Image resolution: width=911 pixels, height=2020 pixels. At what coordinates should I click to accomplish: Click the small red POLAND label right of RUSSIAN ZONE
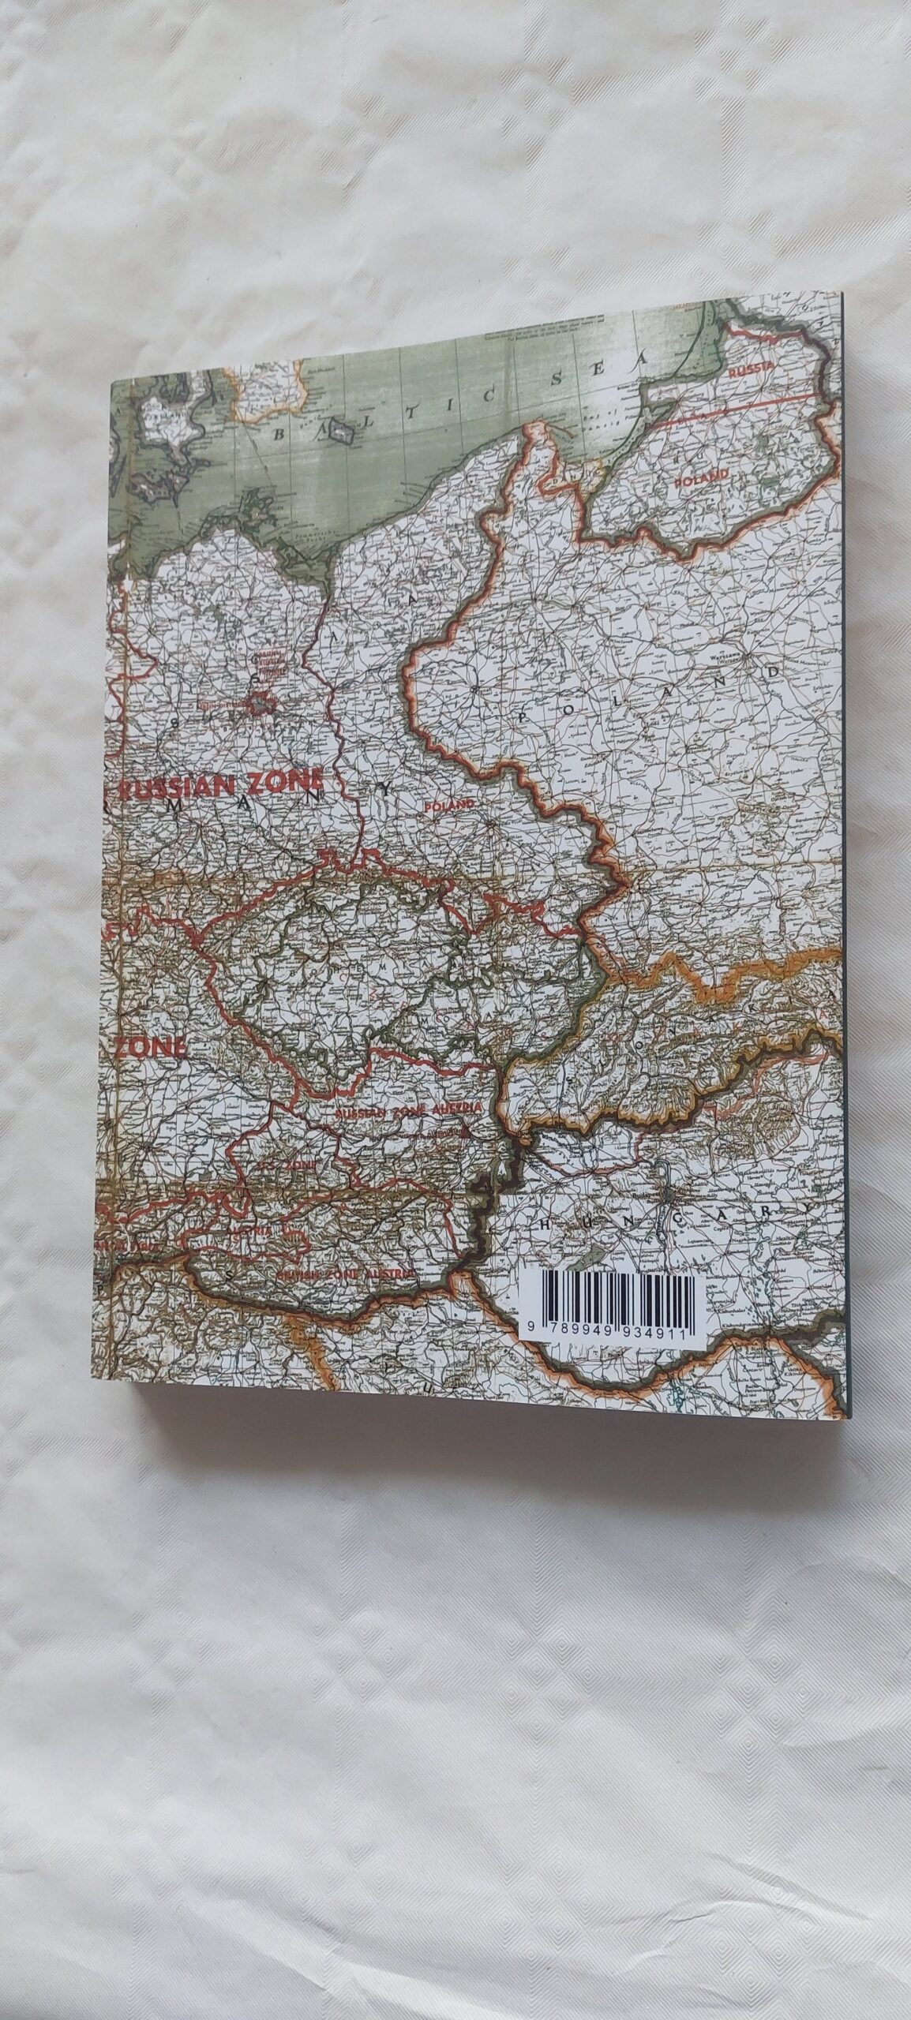point(451,806)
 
